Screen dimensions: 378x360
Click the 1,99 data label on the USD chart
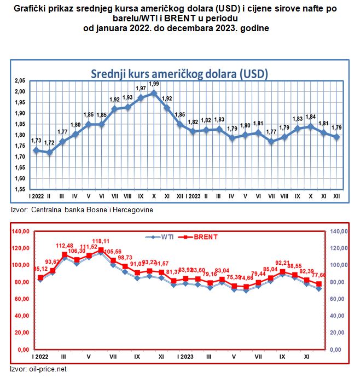pyautogui.click(x=154, y=84)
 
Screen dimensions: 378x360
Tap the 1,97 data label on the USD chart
pyautogui.click(x=141, y=88)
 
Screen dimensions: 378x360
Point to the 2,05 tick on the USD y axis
pyautogui.click(x=21, y=80)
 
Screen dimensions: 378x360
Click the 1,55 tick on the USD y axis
pyautogui.click(x=21, y=189)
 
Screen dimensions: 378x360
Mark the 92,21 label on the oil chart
pyautogui.click(x=282, y=262)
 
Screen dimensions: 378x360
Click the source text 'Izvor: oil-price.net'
pyautogui.click(x=38, y=369)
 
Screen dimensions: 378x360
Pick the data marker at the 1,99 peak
pyautogui.click(x=154, y=93)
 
